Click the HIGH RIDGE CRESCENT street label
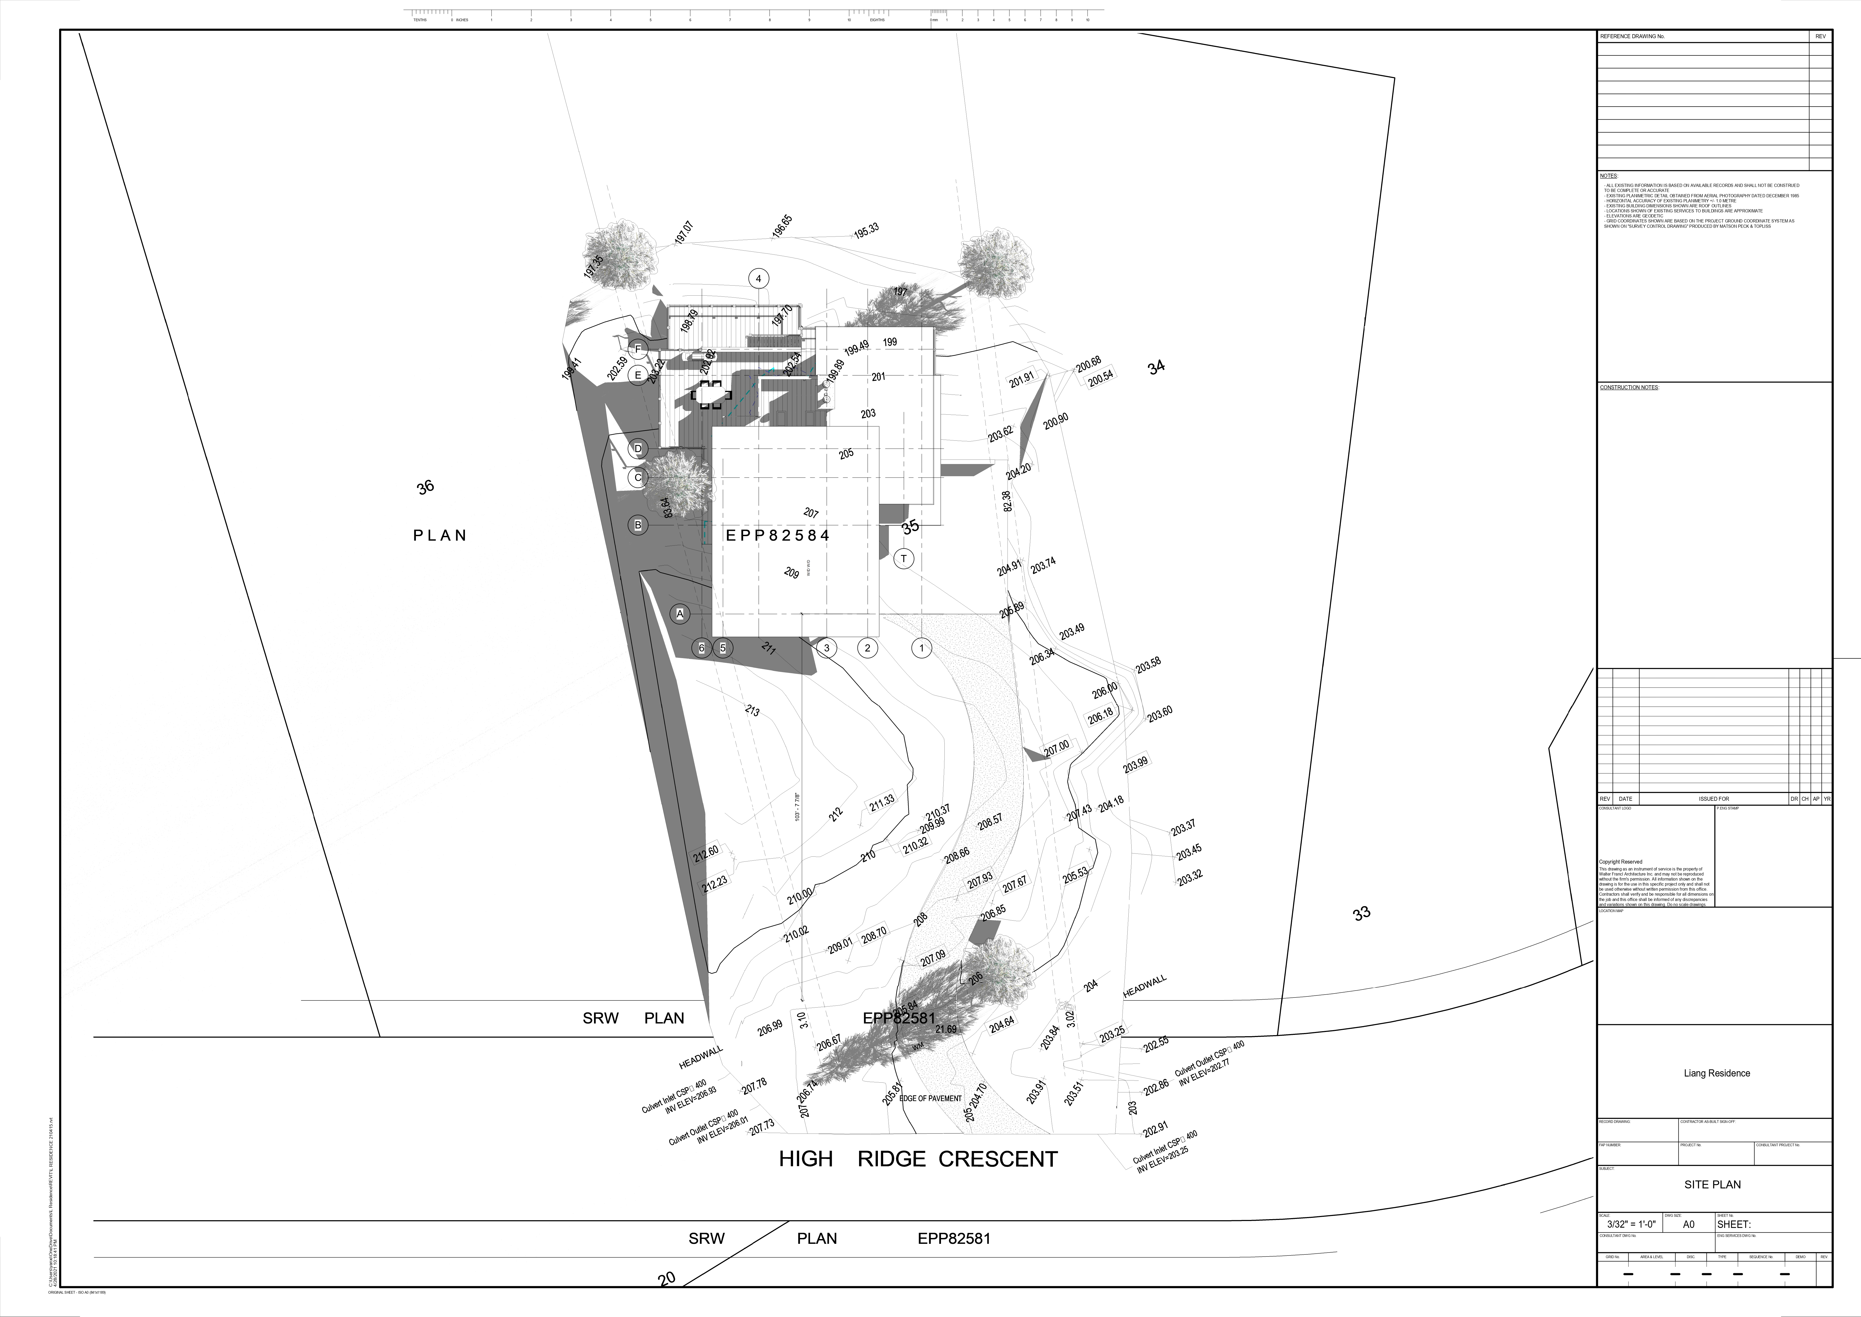(x=918, y=1159)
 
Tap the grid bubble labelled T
(x=904, y=559)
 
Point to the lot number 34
(x=1157, y=366)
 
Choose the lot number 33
(x=1362, y=913)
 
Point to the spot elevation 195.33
(x=866, y=230)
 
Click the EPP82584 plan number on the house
(x=778, y=535)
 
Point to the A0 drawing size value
(x=1688, y=1224)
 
